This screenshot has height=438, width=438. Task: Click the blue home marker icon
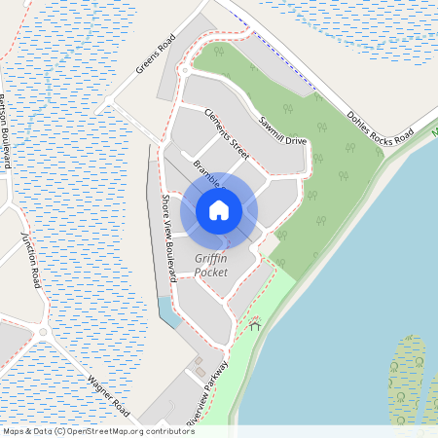pyautogui.click(x=219, y=209)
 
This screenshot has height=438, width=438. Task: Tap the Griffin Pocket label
pyautogui.click(x=211, y=265)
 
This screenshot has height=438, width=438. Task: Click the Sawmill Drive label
pyautogui.click(x=283, y=129)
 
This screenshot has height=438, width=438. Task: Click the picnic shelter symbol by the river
pyautogui.click(x=255, y=325)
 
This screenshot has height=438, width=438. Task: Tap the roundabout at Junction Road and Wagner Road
pyautogui.click(x=43, y=332)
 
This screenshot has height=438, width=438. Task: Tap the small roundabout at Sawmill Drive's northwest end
pyautogui.click(x=185, y=71)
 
